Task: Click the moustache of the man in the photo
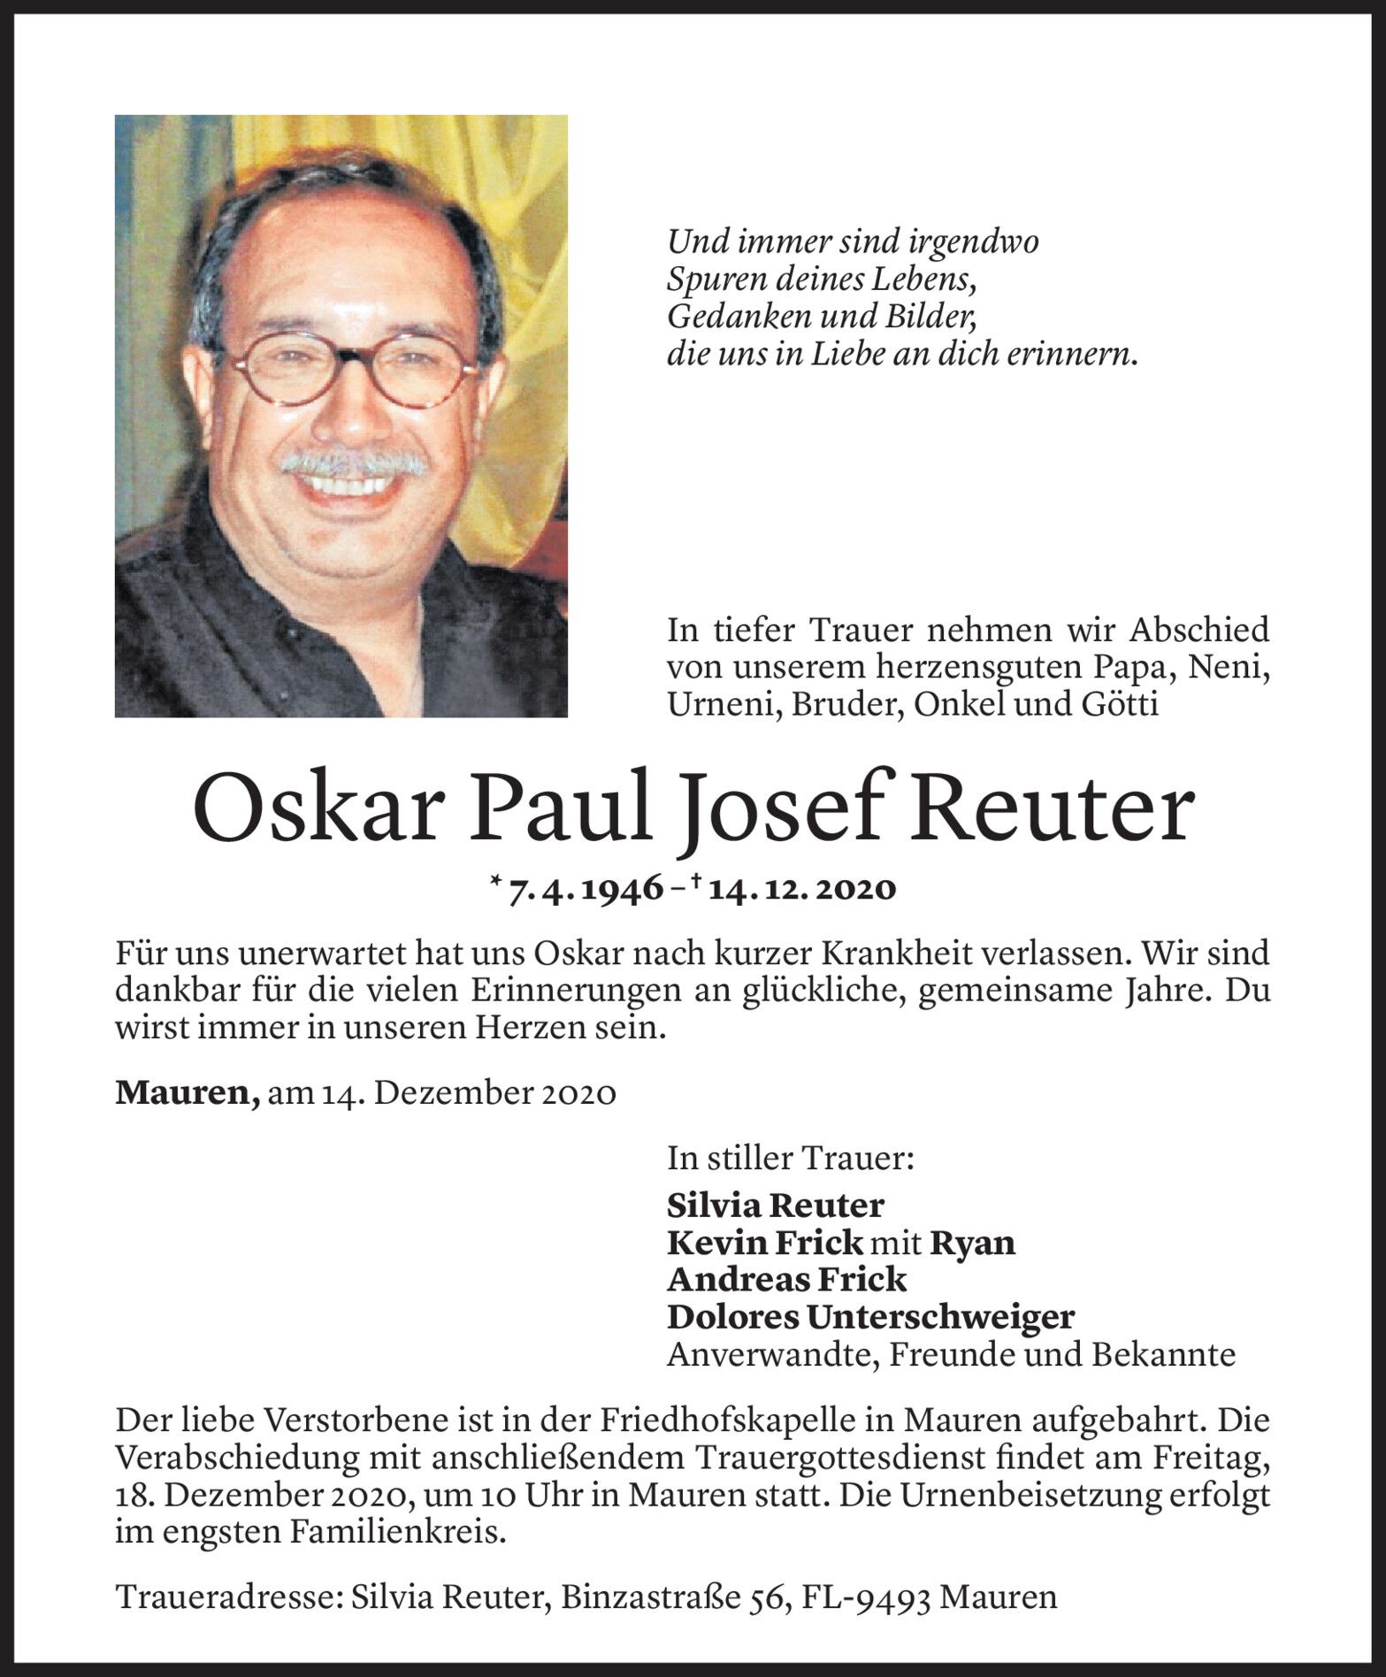(353, 462)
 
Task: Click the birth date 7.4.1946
(585, 888)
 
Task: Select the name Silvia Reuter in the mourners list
(775, 1205)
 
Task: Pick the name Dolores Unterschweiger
(870, 1317)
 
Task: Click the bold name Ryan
(972, 1243)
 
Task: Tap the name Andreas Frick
(786, 1280)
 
